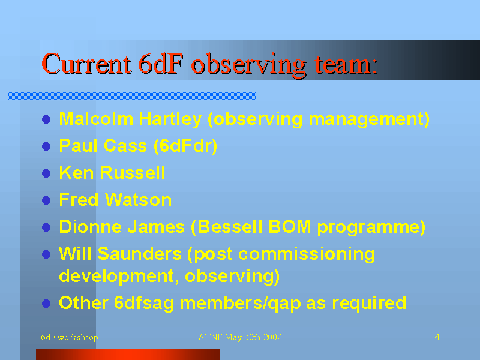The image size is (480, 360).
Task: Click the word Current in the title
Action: tap(86, 64)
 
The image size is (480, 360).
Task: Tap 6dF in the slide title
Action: tap(161, 64)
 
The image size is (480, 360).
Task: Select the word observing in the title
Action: tap(248, 65)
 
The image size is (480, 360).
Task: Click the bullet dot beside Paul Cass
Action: tap(46, 146)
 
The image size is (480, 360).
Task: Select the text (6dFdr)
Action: tap(185, 146)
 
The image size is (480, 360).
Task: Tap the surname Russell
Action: tap(133, 172)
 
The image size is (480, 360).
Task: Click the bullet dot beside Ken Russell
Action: tap(46, 173)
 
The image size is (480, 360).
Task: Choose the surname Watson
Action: tap(139, 200)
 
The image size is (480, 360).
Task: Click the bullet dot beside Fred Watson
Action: tap(46, 200)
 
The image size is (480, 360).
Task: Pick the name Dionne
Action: tap(91, 227)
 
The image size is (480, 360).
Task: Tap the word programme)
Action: tap(371, 227)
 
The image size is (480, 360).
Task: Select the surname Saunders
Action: tap(140, 254)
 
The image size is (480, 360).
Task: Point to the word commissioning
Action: tap(307, 254)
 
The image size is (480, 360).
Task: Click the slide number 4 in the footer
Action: tap(437, 337)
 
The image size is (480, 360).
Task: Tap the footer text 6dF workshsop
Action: tap(70, 337)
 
